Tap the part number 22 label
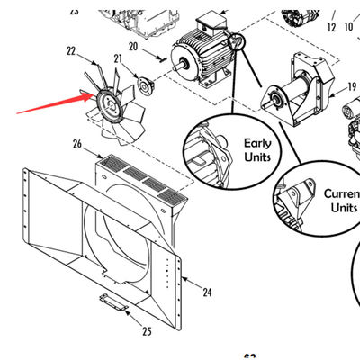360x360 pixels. (x=70, y=51)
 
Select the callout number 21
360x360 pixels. (x=117, y=58)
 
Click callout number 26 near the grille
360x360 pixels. (x=77, y=144)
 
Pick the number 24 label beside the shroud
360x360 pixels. (x=207, y=292)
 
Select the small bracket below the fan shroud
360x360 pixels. (x=112, y=301)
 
